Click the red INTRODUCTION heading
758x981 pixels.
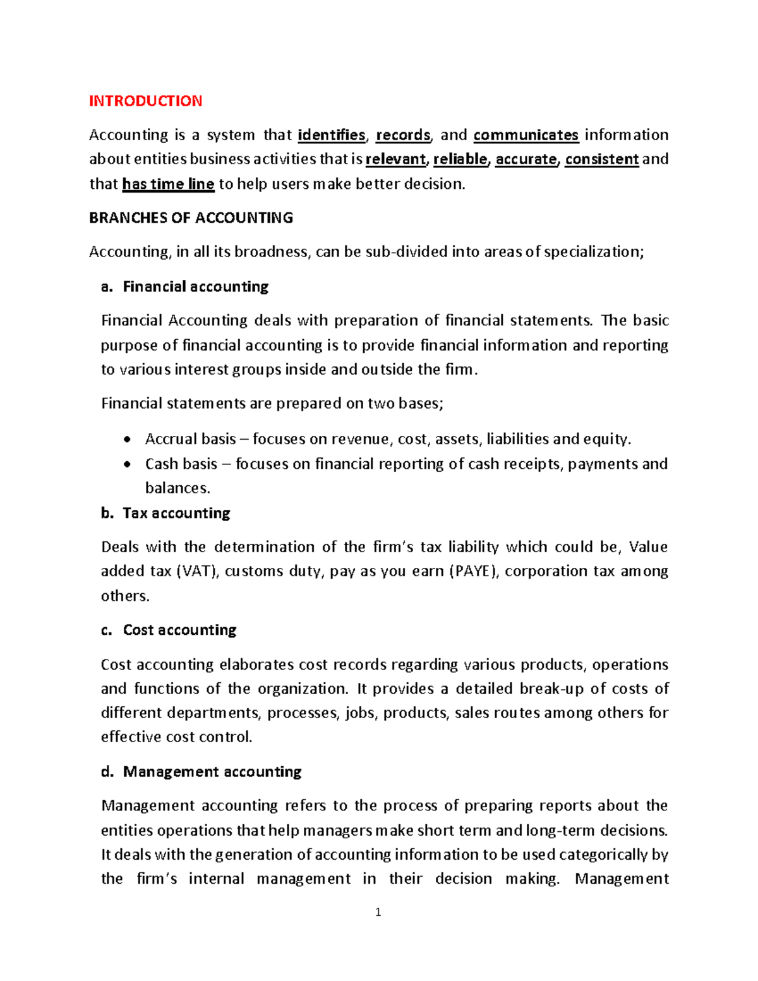pos(145,101)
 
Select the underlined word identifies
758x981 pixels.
pos(332,135)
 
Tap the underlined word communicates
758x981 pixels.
pos(526,135)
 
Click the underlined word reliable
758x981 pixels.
pos(460,159)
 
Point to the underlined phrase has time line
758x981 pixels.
pos(168,184)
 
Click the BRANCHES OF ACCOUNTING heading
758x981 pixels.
pos(191,218)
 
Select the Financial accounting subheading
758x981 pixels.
pos(195,287)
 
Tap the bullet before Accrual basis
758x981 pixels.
pos(128,440)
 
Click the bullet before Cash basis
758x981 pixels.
pos(128,464)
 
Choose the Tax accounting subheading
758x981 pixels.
pos(176,513)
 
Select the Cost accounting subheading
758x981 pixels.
pos(179,630)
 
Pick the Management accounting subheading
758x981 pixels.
pos(212,771)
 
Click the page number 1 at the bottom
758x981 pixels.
pos(378,912)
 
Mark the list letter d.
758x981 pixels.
pos(107,771)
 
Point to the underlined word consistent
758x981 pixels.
pos(601,159)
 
